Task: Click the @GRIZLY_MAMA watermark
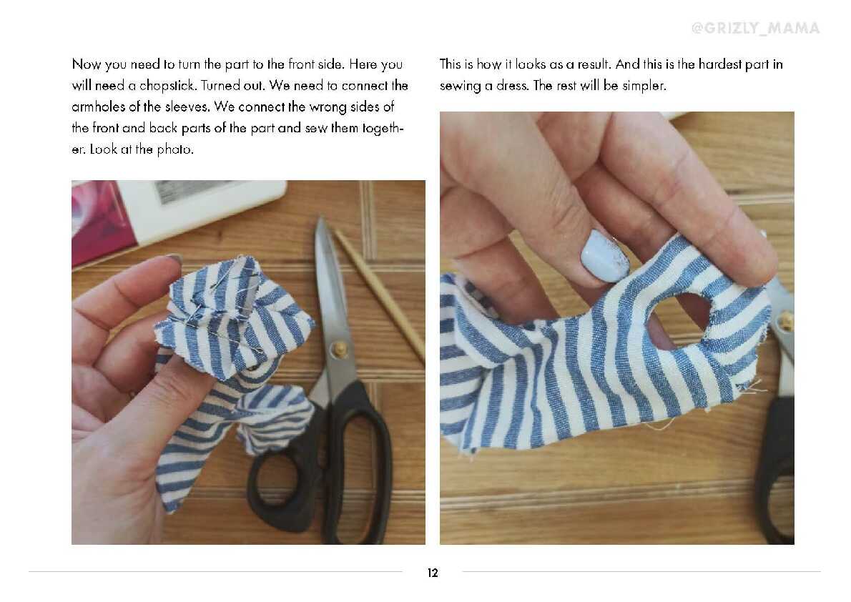pyautogui.click(x=755, y=28)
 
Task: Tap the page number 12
pyautogui.click(x=433, y=573)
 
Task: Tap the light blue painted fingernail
pyautogui.click(x=605, y=256)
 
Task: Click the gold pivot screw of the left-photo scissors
pyautogui.click(x=340, y=348)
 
